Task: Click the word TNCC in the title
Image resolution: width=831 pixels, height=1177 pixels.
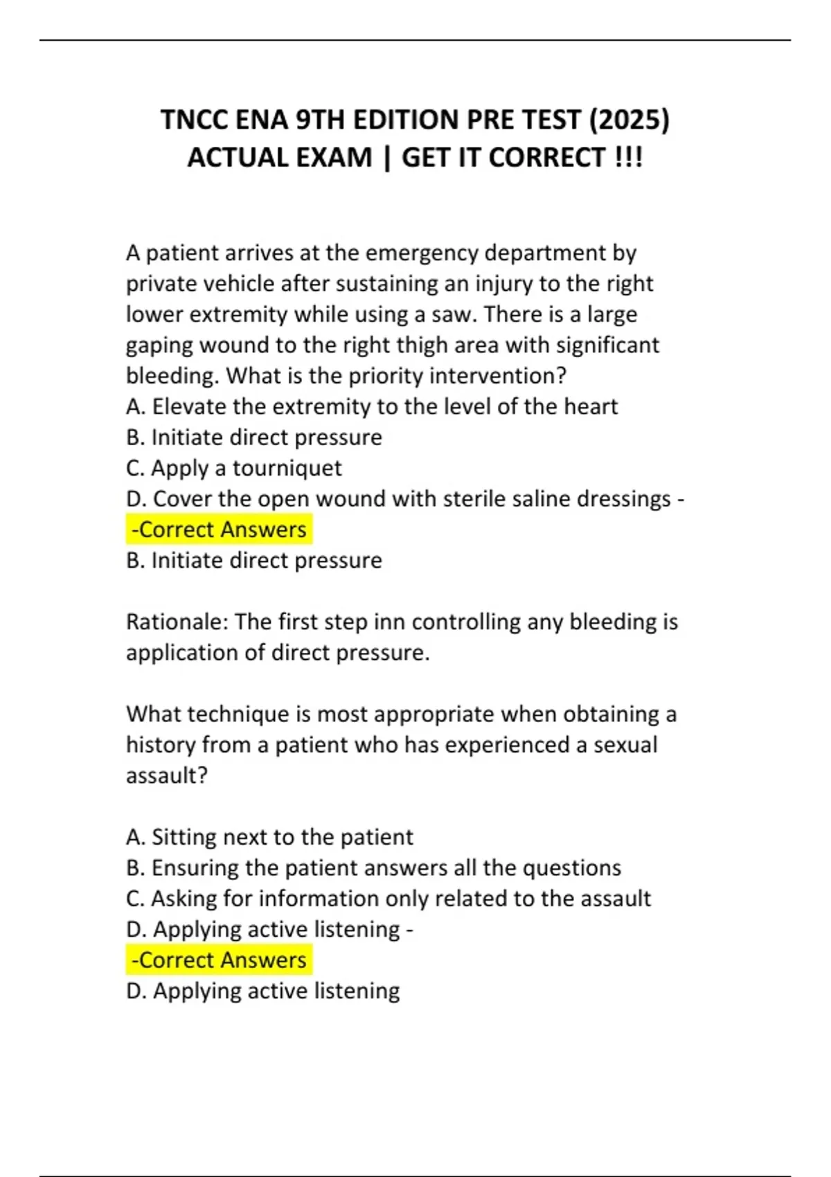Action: (x=195, y=120)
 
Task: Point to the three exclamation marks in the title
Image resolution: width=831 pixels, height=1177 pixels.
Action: (x=629, y=158)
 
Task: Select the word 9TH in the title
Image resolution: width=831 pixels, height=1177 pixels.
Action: (x=320, y=120)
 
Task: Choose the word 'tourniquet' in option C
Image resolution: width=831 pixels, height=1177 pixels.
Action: (x=287, y=468)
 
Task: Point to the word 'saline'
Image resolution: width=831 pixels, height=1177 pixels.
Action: (x=537, y=498)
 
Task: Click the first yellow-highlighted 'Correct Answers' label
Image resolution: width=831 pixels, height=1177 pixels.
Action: (x=220, y=530)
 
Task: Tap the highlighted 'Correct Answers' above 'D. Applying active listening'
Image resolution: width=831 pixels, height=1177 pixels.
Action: (x=220, y=960)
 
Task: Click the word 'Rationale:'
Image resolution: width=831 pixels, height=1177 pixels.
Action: (x=177, y=622)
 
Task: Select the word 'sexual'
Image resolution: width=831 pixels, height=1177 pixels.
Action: (x=625, y=745)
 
